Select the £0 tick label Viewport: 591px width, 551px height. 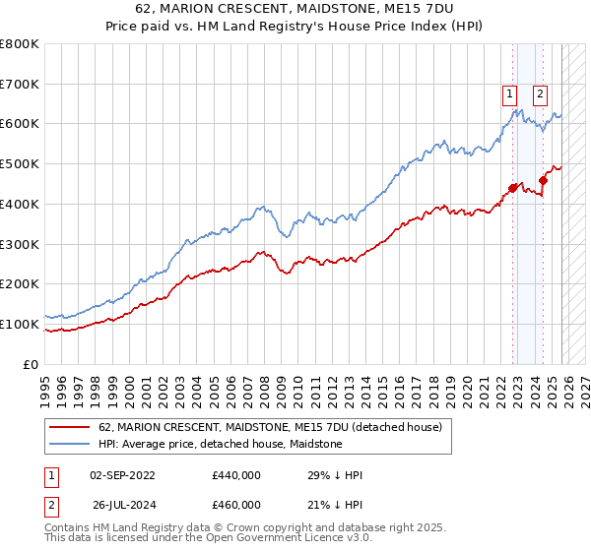tap(32, 364)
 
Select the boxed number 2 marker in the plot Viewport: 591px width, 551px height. tap(541, 95)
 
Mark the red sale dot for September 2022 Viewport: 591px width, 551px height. tap(512, 188)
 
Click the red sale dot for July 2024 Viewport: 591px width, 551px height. tap(544, 180)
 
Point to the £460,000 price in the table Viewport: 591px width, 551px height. tap(235, 504)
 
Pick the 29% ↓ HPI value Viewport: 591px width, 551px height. tap(335, 474)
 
